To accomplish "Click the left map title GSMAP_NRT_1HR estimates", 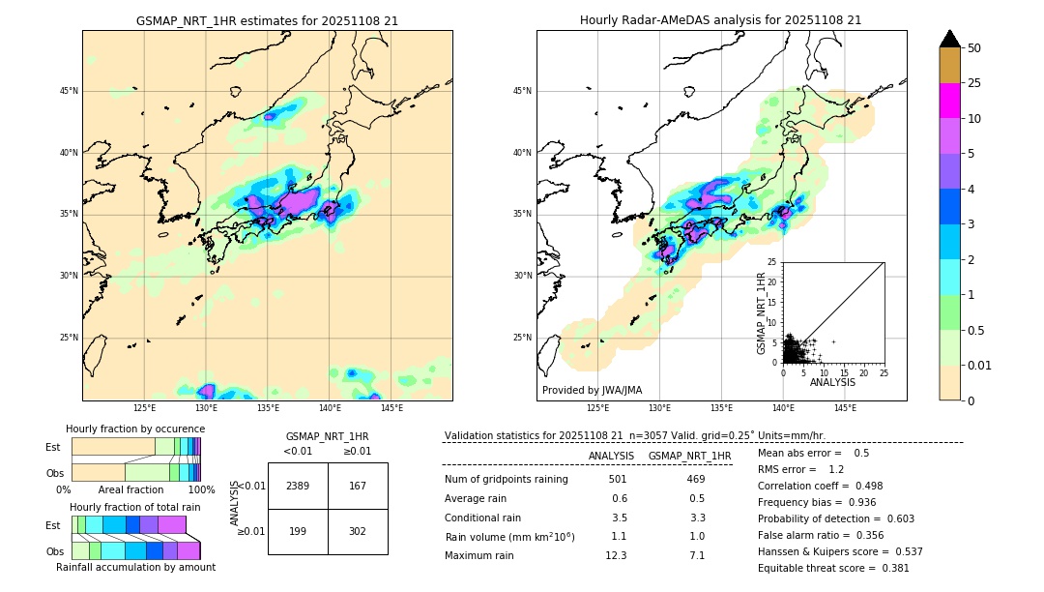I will (267, 20).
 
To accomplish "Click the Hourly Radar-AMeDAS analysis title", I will (720, 20).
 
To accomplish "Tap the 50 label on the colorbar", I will (974, 48).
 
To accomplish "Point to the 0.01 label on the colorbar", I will (980, 365).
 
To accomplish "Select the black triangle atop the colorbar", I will (950, 39).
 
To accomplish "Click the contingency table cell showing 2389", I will (298, 486).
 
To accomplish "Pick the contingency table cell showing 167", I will (358, 486).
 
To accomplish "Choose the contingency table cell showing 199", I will (298, 531).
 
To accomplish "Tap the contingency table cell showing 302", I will (358, 531).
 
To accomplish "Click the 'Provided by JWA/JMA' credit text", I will (592, 391).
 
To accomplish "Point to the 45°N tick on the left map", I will (69, 91).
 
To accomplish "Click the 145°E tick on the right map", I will (845, 408).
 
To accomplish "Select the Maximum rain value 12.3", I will (616, 555).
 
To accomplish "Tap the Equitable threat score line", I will (833, 568).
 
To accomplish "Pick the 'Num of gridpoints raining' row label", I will (507, 480).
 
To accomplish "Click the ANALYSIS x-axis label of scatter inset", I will (832, 382).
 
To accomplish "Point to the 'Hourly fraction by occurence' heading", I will (135, 429).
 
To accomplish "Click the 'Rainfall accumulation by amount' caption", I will (135, 567).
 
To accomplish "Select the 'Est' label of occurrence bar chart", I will (53, 447).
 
